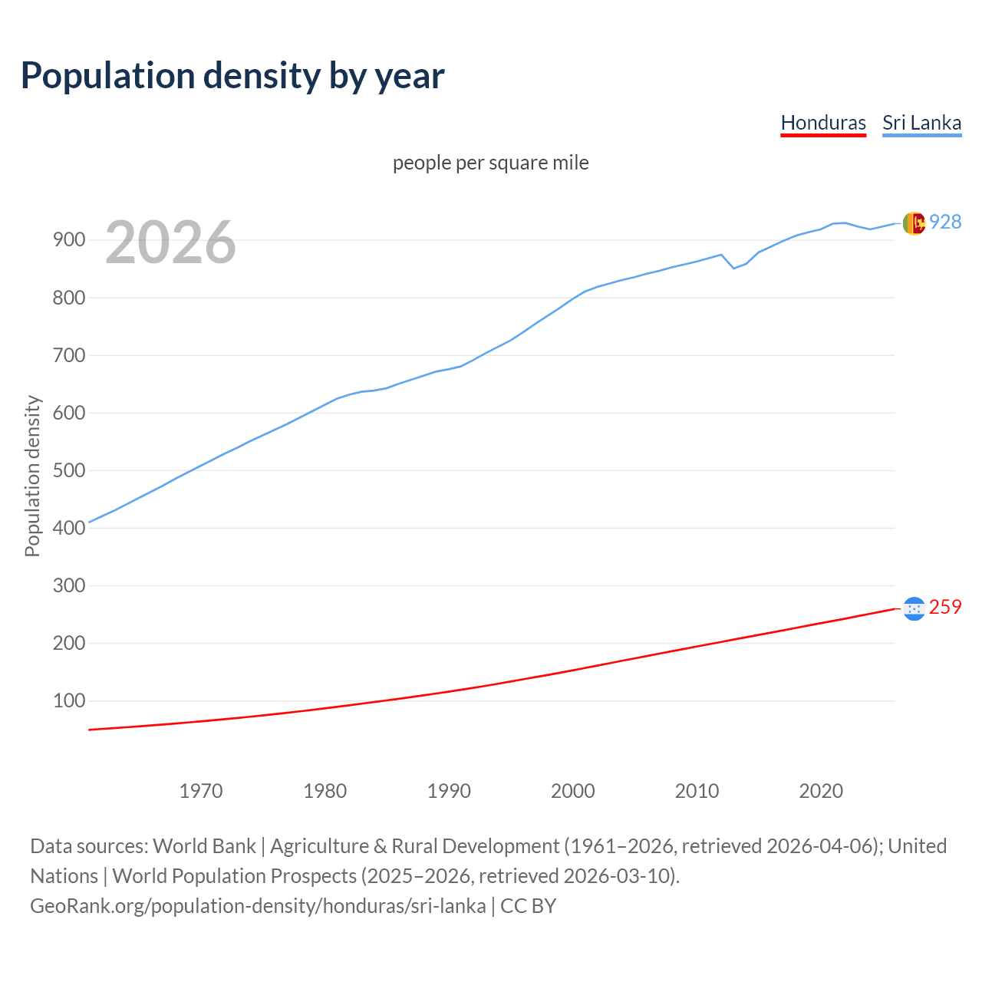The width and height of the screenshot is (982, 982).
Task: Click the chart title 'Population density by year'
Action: (232, 76)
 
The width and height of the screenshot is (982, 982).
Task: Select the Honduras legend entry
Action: (823, 123)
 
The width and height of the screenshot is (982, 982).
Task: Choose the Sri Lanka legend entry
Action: (921, 123)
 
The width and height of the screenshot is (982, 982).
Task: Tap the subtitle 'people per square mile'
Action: (490, 163)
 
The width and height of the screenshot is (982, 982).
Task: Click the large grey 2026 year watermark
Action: (170, 242)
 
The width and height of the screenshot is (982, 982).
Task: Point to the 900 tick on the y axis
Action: (68, 240)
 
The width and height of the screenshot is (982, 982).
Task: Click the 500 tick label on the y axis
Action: (68, 470)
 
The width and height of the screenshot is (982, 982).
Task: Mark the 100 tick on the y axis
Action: (68, 700)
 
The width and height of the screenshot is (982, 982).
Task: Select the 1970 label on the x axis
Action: (201, 790)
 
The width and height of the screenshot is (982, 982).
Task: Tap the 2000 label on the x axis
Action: (573, 790)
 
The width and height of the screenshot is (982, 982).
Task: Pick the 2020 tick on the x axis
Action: (821, 790)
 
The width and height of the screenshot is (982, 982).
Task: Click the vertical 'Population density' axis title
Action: (32, 476)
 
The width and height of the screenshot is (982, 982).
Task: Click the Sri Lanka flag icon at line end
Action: (914, 223)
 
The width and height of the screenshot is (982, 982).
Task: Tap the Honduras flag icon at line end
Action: (914, 608)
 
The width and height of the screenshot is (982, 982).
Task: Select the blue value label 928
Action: (945, 222)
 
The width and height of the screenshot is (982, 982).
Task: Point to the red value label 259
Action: (945, 607)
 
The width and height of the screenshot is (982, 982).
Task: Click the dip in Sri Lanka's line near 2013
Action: (734, 268)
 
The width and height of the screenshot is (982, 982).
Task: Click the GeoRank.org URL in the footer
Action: (258, 906)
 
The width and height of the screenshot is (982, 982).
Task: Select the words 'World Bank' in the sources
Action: (204, 846)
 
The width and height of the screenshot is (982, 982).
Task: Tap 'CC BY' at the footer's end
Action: (529, 906)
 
